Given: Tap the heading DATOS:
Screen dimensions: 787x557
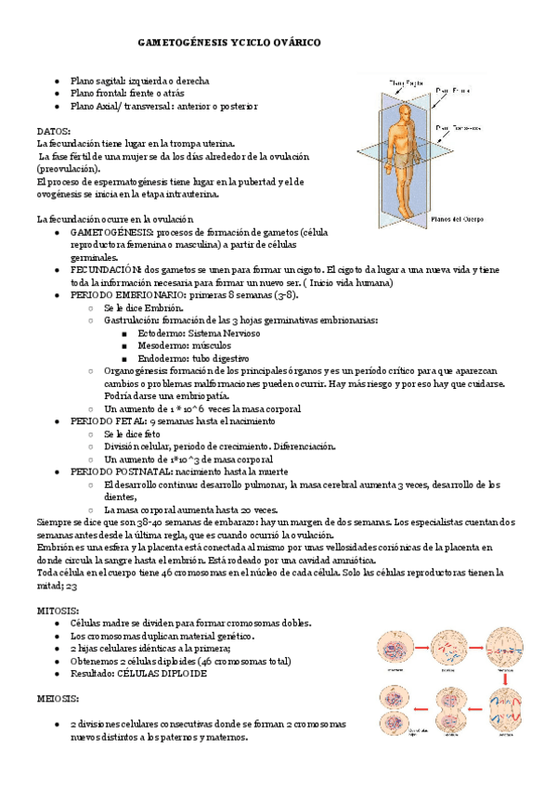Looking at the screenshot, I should (53, 131).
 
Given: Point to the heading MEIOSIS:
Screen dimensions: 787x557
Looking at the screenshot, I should (58, 697).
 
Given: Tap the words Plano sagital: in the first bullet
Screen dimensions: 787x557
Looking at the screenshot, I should (98, 81).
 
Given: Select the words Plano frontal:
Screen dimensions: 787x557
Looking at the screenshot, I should (98, 94).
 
